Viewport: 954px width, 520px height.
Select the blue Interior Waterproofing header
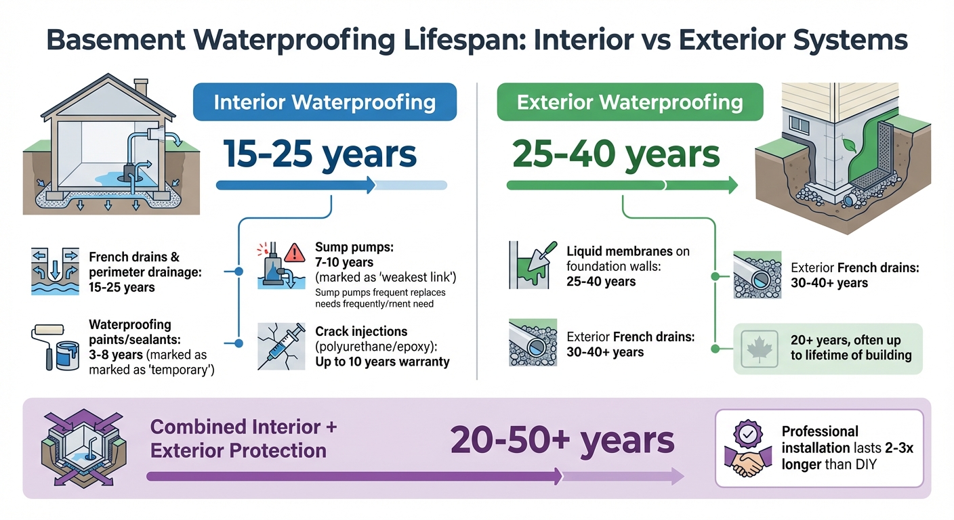click(325, 102)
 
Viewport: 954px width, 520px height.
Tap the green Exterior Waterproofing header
click(629, 103)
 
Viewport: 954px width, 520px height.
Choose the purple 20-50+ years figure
click(562, 441)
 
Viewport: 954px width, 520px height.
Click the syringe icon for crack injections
click(281, 345)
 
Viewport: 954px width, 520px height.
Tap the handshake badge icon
click(747, 448)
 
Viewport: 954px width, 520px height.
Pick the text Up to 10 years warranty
click(382, 362)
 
